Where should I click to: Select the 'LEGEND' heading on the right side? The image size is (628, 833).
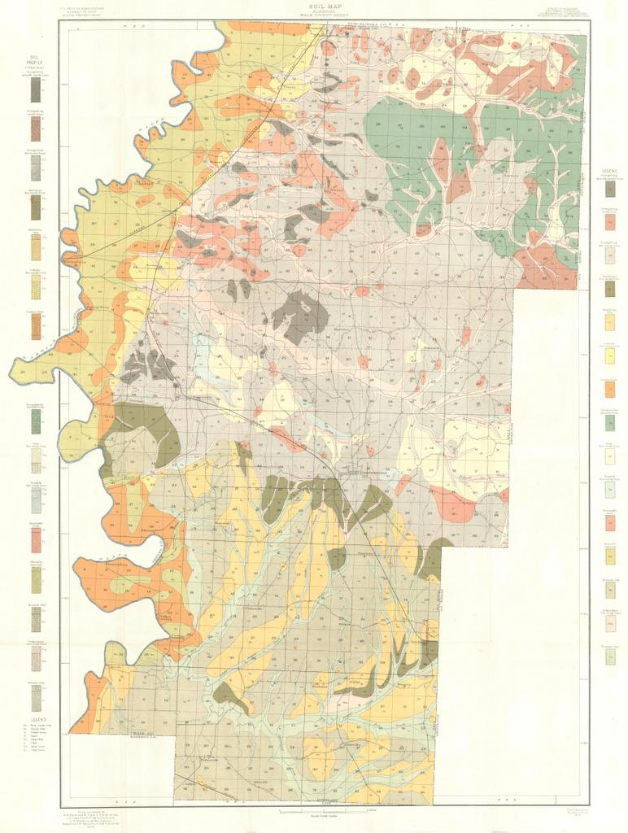[608, 172]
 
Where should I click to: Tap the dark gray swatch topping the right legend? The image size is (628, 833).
[609, 189]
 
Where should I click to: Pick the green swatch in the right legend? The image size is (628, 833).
[609, 422]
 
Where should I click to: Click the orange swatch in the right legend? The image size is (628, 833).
[609, 389]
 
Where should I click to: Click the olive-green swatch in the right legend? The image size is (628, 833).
[609, 289]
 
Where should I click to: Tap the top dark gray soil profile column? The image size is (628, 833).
[35, 89]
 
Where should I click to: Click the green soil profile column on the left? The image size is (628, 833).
[35, 421]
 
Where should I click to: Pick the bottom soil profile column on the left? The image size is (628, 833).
[35, 697]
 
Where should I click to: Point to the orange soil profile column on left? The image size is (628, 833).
[35, 326]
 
